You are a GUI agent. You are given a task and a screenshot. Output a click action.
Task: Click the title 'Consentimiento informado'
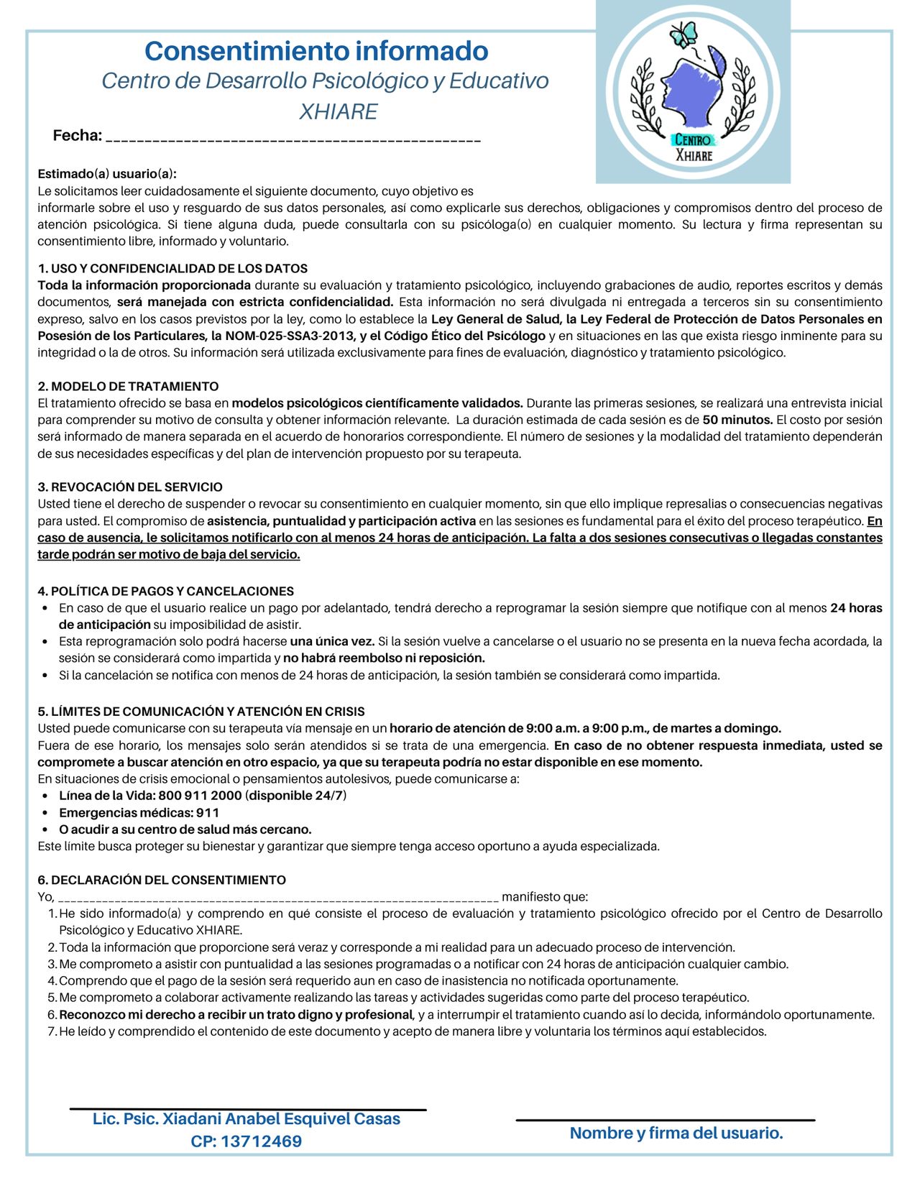coord(316,51)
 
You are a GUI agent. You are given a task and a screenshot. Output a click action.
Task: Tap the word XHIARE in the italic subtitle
coord(339,111)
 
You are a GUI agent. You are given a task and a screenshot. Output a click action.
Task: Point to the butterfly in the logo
coord(684,33)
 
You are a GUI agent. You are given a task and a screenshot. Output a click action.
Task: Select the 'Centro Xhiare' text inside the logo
coord(693,147)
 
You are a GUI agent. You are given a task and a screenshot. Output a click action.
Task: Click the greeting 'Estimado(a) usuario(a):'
coord(107,174)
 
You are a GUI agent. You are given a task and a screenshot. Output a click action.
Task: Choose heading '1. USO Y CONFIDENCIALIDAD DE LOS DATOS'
coord(172,269)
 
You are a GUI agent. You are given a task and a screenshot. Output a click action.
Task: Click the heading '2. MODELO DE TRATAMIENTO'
coord(128,387)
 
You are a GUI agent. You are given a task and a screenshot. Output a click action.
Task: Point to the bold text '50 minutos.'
coord(737,420)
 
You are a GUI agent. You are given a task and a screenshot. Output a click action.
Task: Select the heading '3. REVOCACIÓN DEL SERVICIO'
coord(130,487)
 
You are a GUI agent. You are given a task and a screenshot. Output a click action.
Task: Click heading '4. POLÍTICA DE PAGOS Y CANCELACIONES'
coord(165,592)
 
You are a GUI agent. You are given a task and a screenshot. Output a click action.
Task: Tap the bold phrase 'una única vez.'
coord(332,641)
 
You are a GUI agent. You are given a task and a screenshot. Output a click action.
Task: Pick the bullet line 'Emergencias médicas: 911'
coord(139,813)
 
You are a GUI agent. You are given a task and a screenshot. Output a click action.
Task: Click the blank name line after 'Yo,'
coord(278,898)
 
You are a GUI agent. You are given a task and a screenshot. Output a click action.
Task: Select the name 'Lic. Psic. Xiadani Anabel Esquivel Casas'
coord(247,1119)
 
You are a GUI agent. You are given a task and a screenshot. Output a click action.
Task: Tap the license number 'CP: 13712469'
coord(247,1141)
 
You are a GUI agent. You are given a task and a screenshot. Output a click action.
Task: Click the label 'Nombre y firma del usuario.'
coord(676,1133)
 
